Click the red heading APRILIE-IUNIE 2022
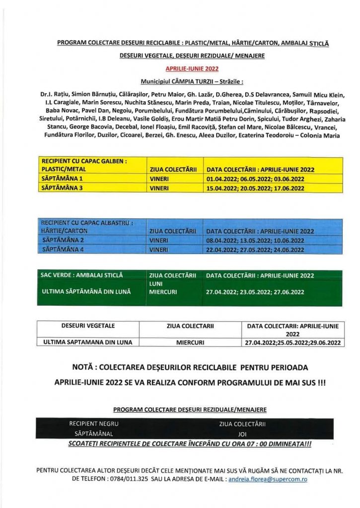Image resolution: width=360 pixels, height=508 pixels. pyautogui.click(x=192, y=69)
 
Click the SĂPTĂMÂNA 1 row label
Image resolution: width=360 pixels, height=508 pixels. pyautogui.click(x=62, y=178)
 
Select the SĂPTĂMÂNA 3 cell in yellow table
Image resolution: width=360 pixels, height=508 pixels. pyautogui.click(x=62, y=188)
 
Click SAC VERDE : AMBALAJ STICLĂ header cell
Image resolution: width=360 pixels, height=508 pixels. pyautogui.click(x=82, y=275)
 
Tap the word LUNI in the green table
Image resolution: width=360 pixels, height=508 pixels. pyautogui.click(x=156, y=284)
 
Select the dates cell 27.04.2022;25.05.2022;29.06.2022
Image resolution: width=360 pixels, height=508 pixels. pyautogui.click(x=292, y=342)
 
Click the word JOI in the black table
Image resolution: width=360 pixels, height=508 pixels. pyautogui.click(x=242, y=434)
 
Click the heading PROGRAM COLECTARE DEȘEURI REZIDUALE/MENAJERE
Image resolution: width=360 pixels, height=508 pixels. pyautogui.click(x=190, y=409)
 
